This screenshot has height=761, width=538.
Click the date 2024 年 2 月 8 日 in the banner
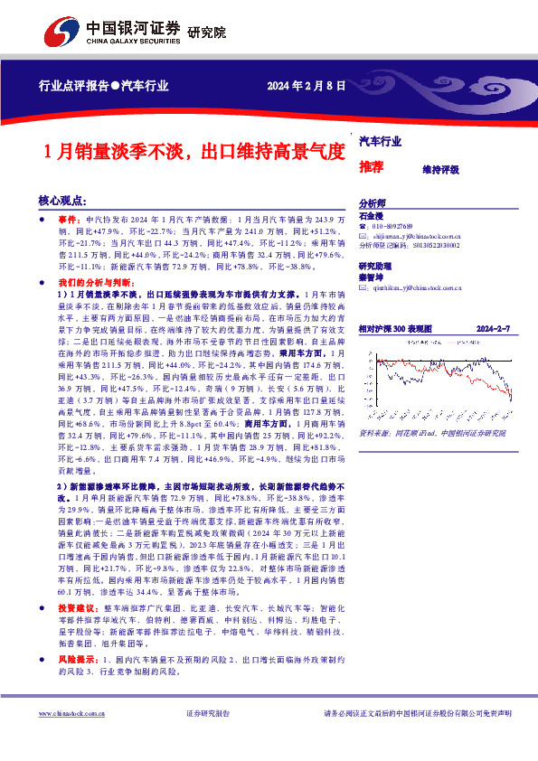point(307,87)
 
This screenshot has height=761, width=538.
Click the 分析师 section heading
point(373,204)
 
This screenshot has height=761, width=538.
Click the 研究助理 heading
point(375,267)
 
